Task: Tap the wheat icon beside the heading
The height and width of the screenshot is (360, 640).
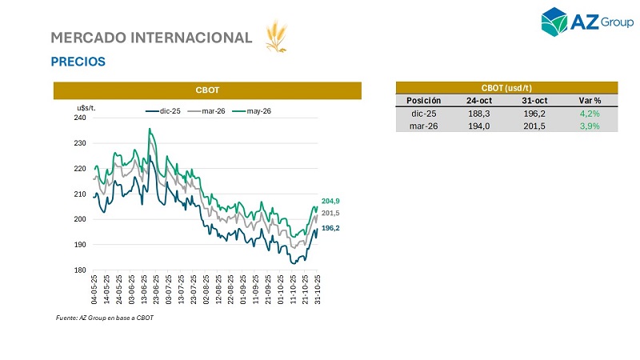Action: [277, 37]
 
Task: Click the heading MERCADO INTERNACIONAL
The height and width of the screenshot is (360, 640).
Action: [151, 38]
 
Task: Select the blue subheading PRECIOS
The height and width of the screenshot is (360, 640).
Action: [78, 62]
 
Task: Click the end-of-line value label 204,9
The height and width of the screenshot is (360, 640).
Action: [331, 201]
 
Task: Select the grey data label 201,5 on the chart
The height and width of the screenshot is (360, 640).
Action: [331, 214]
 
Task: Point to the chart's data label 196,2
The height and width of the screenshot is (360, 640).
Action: [331, 228]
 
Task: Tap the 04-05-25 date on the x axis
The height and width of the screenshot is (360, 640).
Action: [95, 290]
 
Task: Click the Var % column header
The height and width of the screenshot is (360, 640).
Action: [590, 101]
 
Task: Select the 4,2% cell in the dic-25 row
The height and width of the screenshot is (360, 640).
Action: [590, 114]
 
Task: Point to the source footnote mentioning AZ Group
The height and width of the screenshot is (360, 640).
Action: [104, 318]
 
